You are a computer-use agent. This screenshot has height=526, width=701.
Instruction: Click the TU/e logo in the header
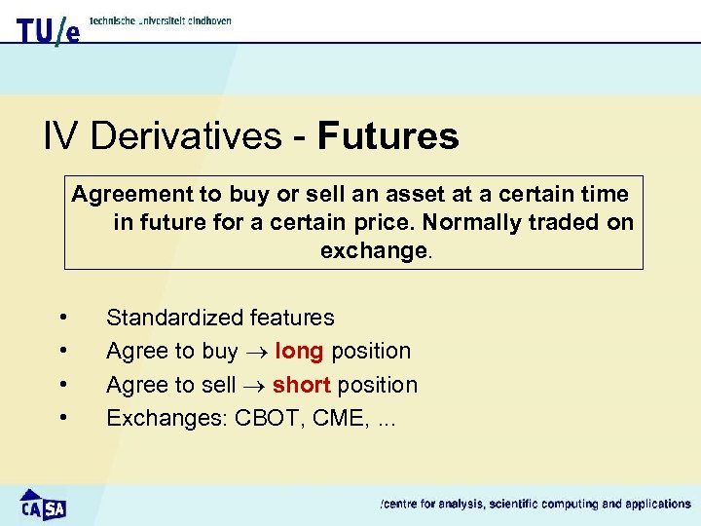[48, 30]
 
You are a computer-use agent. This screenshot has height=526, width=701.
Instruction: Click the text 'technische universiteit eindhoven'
[161, 19]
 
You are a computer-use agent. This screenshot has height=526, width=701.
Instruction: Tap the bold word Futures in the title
[387, 136]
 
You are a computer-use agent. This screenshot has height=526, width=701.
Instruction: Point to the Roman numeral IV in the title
[61, 136]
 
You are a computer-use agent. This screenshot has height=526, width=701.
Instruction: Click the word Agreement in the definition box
[126, 193]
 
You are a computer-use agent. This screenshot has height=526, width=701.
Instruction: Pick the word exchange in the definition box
[373, 250]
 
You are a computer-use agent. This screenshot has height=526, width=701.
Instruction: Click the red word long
[299, 351]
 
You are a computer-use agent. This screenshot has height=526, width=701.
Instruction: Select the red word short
[302, 385]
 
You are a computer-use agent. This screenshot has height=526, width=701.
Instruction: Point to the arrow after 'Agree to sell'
[253, 386]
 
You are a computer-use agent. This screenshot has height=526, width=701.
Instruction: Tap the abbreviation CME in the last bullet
[337, 419]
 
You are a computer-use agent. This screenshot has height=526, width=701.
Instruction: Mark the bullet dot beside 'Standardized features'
[63, 317]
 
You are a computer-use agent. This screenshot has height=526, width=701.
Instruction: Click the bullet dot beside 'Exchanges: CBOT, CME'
[63, 418]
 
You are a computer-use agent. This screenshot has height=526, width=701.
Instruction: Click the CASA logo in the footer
[43, 504]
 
